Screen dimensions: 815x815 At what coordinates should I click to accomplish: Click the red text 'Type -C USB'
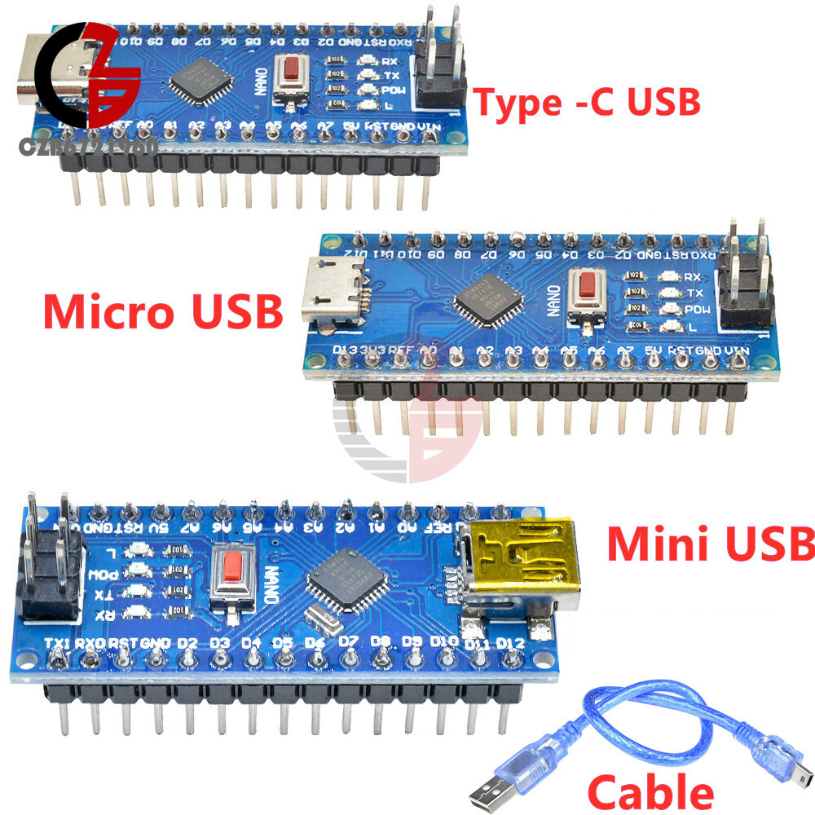[587, 104]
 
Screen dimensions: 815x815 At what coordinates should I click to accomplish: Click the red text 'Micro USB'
[163, 311]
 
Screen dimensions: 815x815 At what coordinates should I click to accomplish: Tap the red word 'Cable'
[650, 791]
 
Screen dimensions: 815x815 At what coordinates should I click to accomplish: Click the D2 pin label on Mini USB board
[187, 643]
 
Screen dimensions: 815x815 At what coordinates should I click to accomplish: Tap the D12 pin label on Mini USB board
[509, 645]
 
